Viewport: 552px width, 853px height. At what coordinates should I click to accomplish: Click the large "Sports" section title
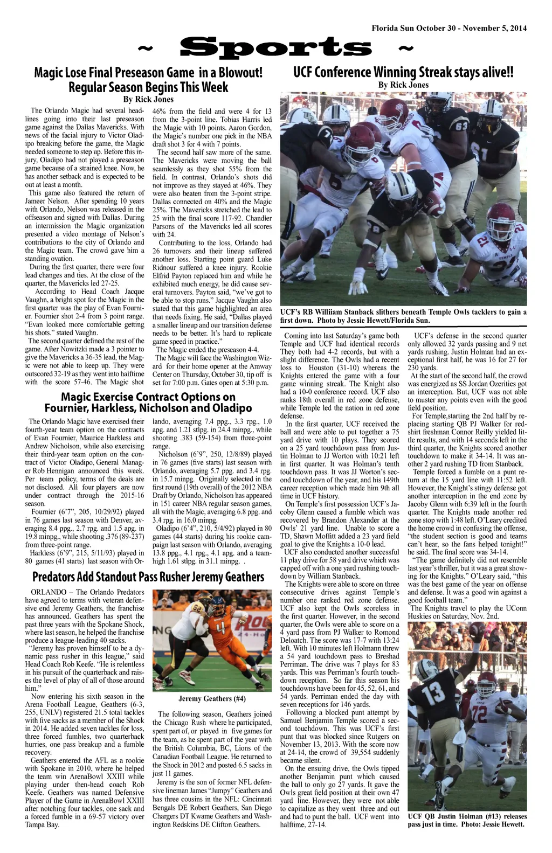276,48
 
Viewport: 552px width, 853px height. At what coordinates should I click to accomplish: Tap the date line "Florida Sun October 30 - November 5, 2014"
449,28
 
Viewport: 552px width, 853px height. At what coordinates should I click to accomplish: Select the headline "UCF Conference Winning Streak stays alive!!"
403,72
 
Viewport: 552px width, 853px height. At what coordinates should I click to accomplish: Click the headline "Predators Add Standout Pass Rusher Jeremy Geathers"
148,577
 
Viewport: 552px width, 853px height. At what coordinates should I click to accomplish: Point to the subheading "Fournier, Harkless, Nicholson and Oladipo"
148,408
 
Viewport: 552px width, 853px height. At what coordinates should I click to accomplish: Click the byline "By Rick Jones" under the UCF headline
403,85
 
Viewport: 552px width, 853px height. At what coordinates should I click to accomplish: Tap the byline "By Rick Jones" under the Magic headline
148,99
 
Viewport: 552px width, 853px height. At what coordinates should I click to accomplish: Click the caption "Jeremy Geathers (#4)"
212,699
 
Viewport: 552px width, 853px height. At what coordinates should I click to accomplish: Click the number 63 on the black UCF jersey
462,126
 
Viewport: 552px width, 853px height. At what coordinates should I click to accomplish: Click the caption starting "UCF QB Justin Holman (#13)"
467,820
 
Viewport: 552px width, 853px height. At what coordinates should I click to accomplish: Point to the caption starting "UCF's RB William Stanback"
403,316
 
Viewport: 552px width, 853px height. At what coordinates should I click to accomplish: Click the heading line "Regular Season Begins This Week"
148,87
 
